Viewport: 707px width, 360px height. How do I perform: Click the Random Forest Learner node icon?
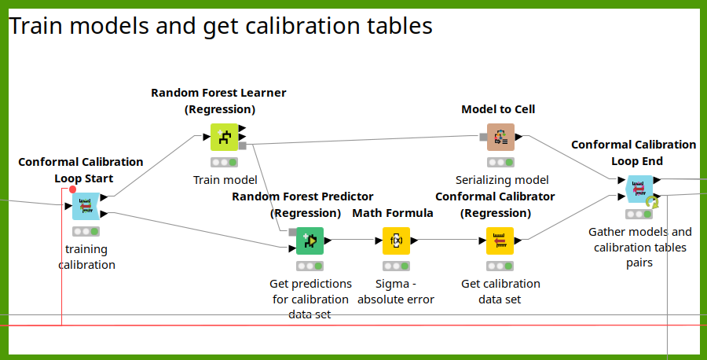click(x=224, y=137)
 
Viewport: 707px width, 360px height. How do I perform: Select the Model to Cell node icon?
click(x=500, y=137)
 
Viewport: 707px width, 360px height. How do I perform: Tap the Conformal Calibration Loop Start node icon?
click(x=86, y=206)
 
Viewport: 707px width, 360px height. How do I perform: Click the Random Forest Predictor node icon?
click(x=310, y=241)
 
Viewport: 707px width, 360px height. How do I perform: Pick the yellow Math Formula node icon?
click(x=396, y=241)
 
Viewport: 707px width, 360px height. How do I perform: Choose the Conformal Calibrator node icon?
click(x=500, y=241)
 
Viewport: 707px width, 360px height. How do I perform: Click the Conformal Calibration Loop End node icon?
click(x=639, y=189)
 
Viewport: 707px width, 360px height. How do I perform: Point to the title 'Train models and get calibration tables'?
click(x=221, y=26)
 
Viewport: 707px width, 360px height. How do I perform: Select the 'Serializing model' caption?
click(x=502, y=180)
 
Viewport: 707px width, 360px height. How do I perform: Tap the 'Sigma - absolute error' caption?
click(x=396, y=292)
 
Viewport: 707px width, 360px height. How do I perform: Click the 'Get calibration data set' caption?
click(x=500, y=292)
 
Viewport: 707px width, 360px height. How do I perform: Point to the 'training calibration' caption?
click(x=86, y=257)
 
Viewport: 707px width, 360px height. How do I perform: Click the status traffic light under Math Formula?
click(x=396, y=266)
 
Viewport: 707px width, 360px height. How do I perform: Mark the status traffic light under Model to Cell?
click(x=500, y=163)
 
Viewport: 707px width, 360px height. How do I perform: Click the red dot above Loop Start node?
click(x=73, y=189)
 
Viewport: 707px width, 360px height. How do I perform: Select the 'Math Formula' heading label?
click(x=393, y=213)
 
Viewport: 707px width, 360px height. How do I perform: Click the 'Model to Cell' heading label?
click(x=498, y=109)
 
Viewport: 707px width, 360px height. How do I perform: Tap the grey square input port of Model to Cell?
click(x=483, y=137)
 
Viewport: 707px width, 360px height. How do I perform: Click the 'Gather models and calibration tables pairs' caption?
click(x=639, y=248)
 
